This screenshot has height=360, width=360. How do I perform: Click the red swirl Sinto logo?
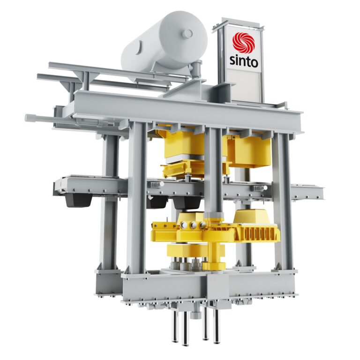click(243, 43)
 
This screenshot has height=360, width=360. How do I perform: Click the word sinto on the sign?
click(244, 61)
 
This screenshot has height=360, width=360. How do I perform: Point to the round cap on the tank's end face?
click(187, 34)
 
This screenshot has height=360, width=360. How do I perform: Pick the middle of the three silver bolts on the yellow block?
click(193, 225)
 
